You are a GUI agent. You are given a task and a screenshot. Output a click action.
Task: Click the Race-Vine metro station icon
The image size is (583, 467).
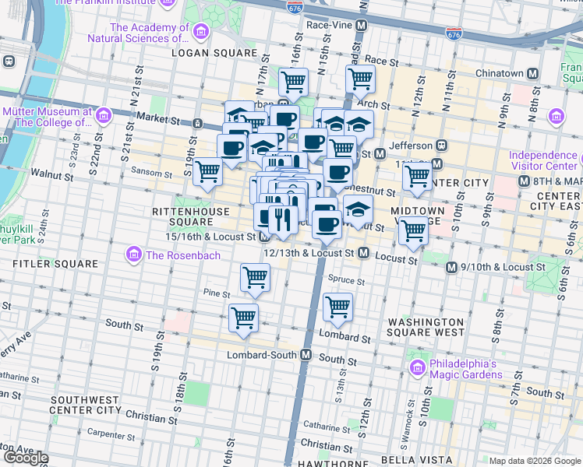click(x=361, y=25)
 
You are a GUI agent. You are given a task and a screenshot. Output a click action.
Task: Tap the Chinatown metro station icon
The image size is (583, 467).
click(x=533, y=73)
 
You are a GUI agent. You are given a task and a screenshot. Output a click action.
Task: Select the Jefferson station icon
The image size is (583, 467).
click(x=441, y=145)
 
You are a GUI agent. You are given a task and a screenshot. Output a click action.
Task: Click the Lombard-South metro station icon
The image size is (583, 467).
click(x=306, y=354)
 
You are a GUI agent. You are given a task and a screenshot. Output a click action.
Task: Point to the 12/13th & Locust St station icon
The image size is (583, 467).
click(x=363, y=253)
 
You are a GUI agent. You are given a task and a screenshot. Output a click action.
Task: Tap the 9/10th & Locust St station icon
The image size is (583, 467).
click(x=450, y=267)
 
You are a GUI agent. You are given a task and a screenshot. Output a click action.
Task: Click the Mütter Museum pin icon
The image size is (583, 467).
click(x=104, y=117)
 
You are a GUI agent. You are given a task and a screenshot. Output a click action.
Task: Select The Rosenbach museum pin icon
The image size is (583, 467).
click(x=133, y=255)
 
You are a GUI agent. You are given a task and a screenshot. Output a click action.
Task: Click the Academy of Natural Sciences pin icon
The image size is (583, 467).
click(x=201, y=32)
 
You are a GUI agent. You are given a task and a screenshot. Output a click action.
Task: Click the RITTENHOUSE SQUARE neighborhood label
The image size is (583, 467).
click(x=191, y=216)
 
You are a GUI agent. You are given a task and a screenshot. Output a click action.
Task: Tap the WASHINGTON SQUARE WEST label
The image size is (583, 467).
click(x=426, y=327)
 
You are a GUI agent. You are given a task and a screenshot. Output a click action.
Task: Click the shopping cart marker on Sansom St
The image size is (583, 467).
click(x=208, y=170)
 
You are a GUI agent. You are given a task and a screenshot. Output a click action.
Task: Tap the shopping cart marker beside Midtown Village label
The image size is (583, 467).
click(x=413, y=230)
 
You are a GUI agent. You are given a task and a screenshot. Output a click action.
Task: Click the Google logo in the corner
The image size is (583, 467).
click(x=25, y=458)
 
